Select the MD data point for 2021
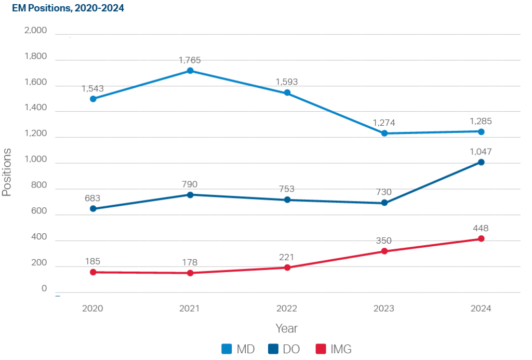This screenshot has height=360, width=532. click(x=190, y=71)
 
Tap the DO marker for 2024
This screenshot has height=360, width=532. click(x=481, y=162)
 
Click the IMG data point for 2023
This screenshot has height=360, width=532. click(x=384, y=251)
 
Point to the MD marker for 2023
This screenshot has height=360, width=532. click(x=384, y=134)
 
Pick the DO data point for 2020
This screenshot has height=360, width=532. click(x=93, y=209)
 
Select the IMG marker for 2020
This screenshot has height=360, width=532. click(x=93, y=272)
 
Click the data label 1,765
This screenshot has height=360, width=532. click(x=190, y=60)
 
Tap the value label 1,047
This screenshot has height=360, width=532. click(x=481, y=152)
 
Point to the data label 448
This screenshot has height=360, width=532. click(x=481, y=228)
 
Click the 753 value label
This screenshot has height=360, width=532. click(x=287, y=189)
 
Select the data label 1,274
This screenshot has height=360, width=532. click(x=384, y=123)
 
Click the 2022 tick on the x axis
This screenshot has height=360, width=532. click(x=287, y=308)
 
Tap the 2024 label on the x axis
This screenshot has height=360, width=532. click(x=481, y=308)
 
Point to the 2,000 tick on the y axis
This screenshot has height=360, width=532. click(x=36, y=31)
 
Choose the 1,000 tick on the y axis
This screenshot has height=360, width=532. click(x=36, y=161)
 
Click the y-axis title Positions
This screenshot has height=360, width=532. click(x=7, y=172)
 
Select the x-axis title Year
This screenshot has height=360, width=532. click(x=286, y=328)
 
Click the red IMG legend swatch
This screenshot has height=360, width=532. click(x=322, y=349)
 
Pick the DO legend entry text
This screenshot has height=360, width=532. click(x=291, y=349)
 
